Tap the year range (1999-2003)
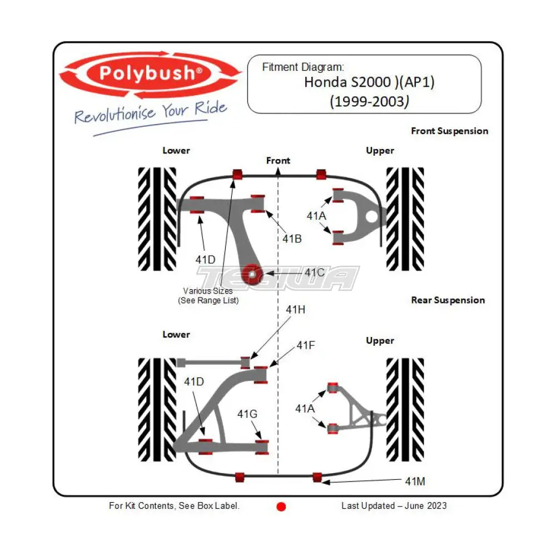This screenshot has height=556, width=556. [369, 101]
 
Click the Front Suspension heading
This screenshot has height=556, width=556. [449, 131]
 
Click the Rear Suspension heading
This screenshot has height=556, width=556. [448, 300]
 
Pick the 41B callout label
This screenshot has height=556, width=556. [291, 239]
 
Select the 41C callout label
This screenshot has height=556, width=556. [315, 272]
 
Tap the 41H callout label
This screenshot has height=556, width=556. [295, 310]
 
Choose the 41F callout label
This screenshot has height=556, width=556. [305, 345]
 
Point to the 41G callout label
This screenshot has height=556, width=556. [247, 414]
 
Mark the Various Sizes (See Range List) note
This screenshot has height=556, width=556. [208, 295]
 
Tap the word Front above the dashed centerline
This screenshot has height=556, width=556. [278, 161]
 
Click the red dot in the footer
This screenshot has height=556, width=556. [281, 507]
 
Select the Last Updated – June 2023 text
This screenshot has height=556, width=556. [394, 505]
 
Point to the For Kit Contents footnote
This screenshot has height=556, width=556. [174, 505]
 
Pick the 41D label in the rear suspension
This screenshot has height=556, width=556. [194, 381]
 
